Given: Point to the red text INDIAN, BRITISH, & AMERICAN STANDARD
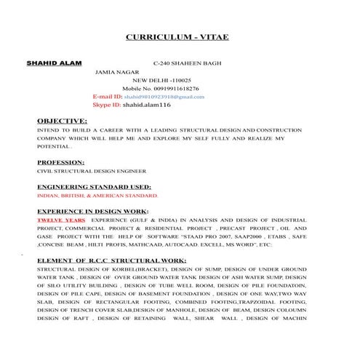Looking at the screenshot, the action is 97,196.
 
